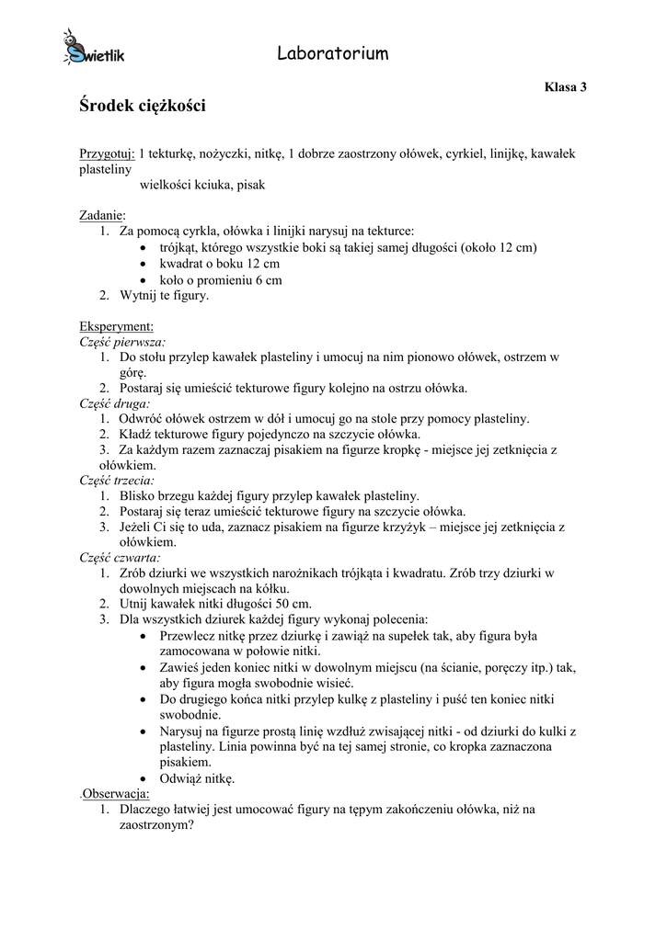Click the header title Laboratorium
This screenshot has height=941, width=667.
tap(332, 54)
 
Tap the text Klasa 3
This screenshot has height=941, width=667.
tap(565, 87)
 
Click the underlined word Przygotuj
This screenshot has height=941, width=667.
tap(107, 153)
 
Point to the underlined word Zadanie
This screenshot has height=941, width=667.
tap(102, 215)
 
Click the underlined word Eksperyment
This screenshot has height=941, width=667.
tap(116, 325)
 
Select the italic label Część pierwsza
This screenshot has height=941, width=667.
tap(116, 341)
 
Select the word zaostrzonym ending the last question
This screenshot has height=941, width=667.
tap(151, 825)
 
